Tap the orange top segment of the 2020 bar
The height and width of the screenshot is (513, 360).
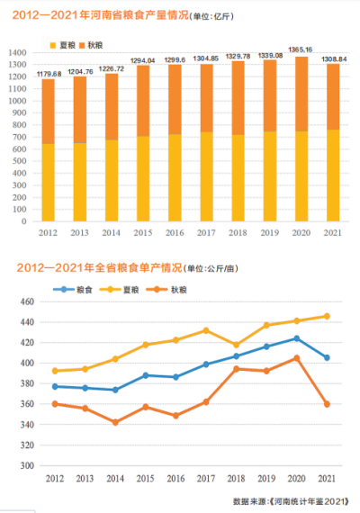pyautogui.click(x=302, y=94)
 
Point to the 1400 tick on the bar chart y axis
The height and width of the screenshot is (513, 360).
pyautogui.click(x=18, y=53)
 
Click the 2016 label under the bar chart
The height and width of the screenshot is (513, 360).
pyautogui.click(x=175, y=233)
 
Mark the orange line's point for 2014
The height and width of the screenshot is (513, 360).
pyautogui.click(x=115, y=422)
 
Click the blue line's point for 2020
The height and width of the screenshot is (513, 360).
pyautogui.click(x=296, y=338)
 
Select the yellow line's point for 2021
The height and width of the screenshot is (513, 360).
pyautogui.click(x=326, y=316)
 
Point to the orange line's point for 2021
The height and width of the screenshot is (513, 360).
pyautogui.click(x=326, y=404)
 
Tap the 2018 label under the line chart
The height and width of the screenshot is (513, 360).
pyautogui.click(x=236, y=478)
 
